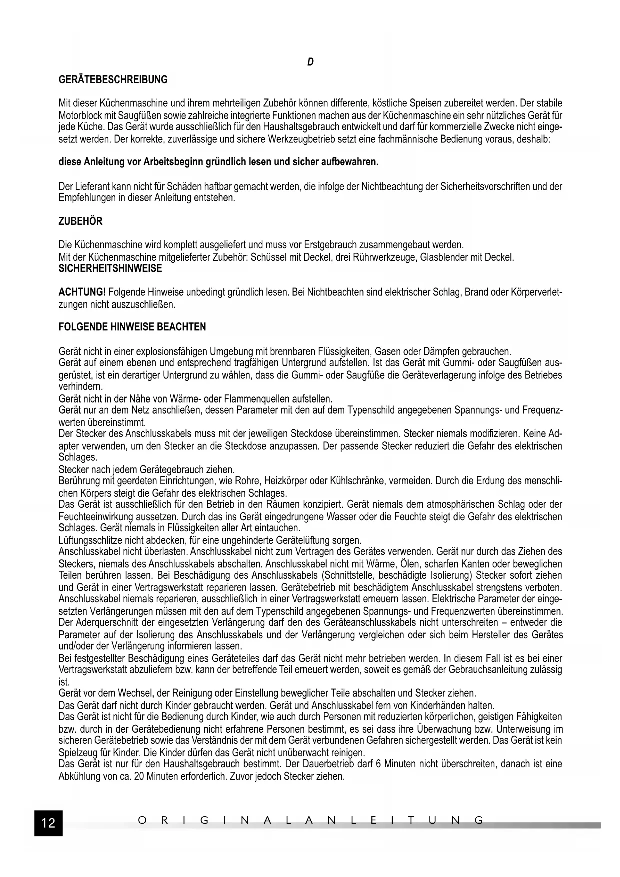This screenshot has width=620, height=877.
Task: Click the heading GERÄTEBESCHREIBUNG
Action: [x=113, y=80]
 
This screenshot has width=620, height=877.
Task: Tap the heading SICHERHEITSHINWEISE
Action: [x=110, y=269]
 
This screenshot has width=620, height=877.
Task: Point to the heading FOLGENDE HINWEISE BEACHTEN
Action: [x=132, y=327]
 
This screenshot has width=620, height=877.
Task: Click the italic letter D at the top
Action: [x=310, y=62]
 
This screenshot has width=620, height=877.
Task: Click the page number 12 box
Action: [x=48, y=822]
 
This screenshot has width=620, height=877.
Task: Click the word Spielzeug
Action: [x=77, y=753]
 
